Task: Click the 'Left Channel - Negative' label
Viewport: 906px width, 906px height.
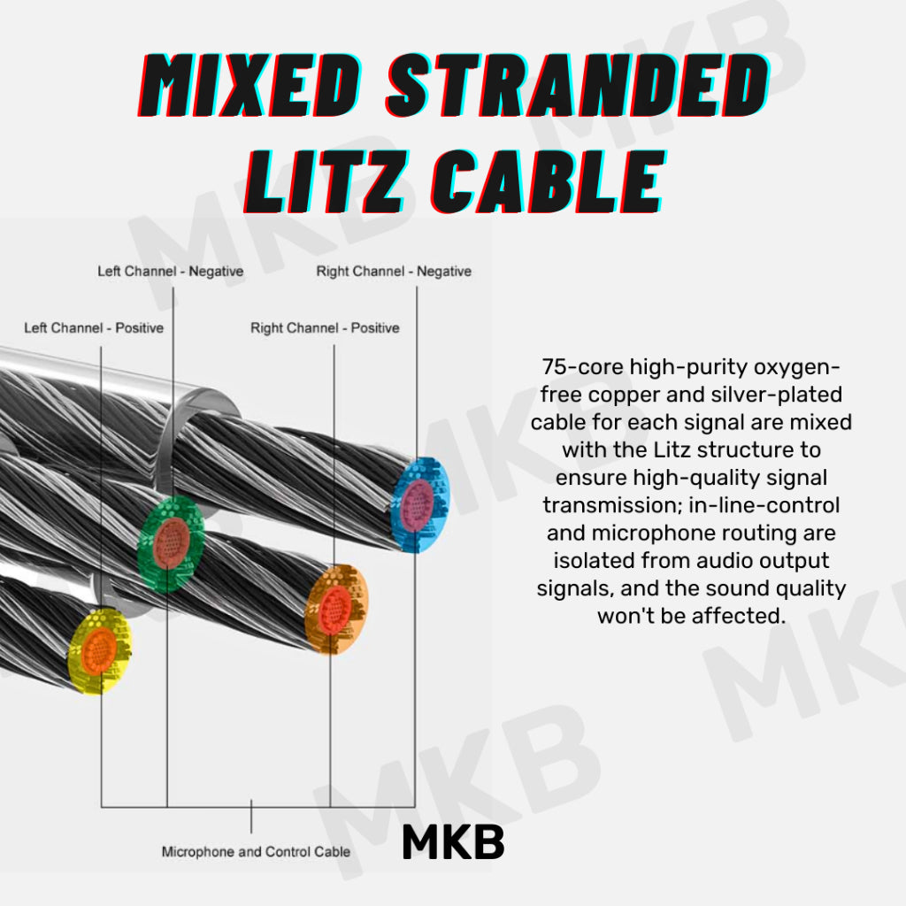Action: click(x=170, y=272)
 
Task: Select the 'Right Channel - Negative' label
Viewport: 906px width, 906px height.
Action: click(x=394, y=272)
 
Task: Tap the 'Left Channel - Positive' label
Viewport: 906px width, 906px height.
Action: click(x=94, y=328)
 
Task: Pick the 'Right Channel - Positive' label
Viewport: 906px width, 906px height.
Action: click(x=325, y=328)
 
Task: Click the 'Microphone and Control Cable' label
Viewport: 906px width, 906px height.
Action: click(x=256, y=852)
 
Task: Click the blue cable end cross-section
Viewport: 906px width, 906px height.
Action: click(x=419, y=504)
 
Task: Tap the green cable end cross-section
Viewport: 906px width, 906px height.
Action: click(x=172, y=543)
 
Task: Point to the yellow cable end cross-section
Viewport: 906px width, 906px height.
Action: click(x=100, y=649)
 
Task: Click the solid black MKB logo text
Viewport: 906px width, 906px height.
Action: click(x=452, y=844)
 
